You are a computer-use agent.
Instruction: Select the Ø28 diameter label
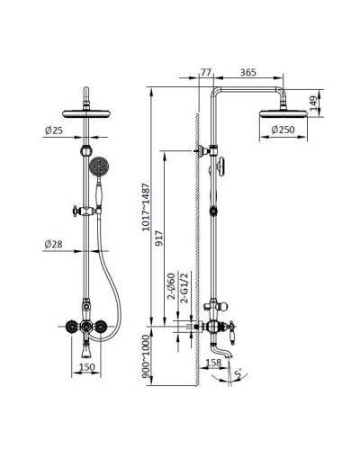pyautogui.click(x=54, y=245)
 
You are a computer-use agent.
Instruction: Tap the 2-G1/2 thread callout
pyautogui.click(x=183, y=291)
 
